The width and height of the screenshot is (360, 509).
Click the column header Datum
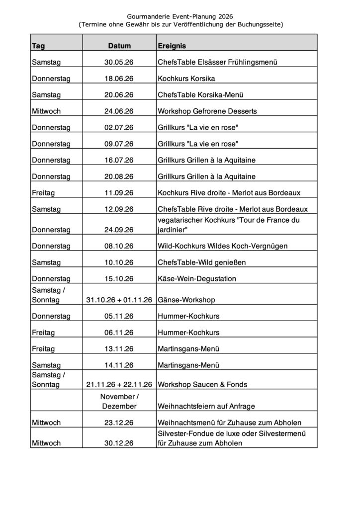(119, 46)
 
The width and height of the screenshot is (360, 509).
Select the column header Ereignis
(172, 46)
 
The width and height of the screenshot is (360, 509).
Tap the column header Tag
(38, 46)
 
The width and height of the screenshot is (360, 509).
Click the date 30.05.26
(119, 63)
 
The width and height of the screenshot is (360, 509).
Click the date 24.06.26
(119, 111)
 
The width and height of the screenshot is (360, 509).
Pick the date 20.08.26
(119, 176)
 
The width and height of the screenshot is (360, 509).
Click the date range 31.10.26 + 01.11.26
(119, 300)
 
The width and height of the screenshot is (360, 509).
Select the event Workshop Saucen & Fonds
(202, 385)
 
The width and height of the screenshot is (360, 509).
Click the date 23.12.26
(119, 423)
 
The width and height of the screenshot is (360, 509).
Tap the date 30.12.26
(119, 442)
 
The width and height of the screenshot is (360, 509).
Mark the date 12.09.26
(119, 209)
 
